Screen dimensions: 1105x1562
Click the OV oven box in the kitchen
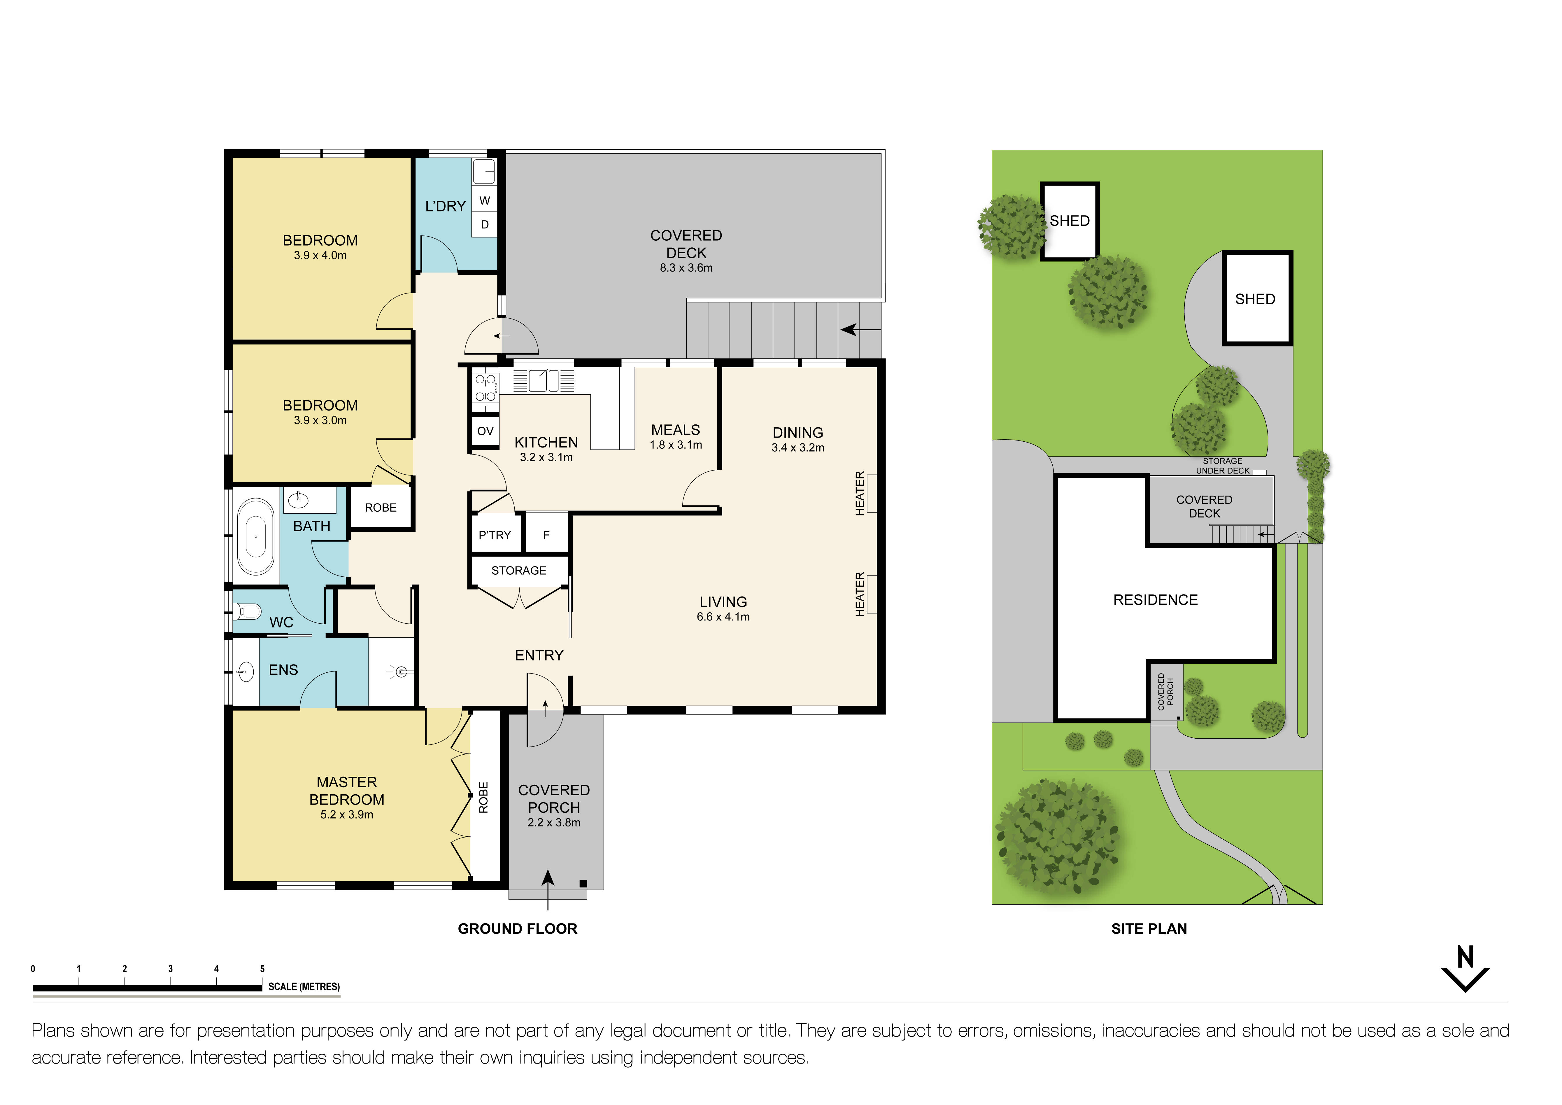click(x=485, y=431)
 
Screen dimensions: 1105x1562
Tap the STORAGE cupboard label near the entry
click(x=518, y=570)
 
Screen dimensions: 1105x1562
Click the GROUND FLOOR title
click(x=517, y=929)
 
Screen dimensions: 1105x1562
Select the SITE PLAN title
click(x=1149, y=929)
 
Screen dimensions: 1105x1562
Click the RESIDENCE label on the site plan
click(x=1155, y=599)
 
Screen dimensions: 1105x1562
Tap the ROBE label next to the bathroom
click(x=380, y=508)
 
